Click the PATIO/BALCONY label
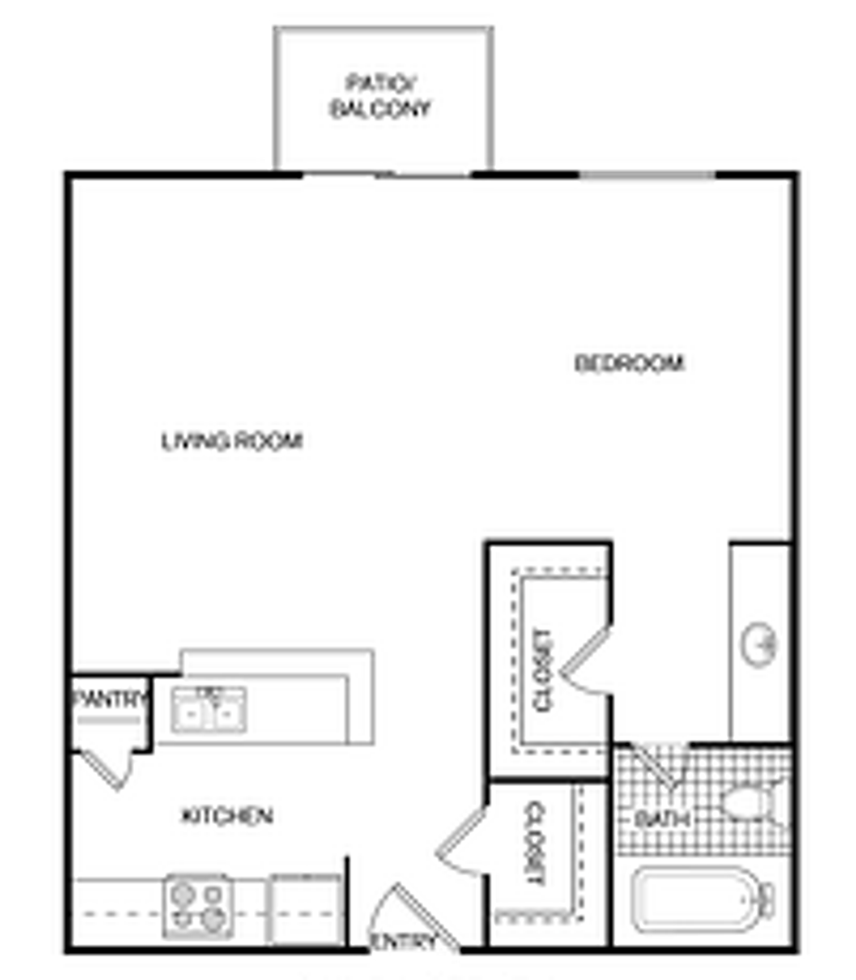coord(380,96)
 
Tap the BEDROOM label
coord(629,364)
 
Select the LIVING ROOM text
coord(232,442)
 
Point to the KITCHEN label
coord(228,815)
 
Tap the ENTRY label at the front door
coord(404,941)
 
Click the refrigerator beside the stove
coord(305,909)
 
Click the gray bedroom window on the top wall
coord(647,174)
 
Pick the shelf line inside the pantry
coord(109,720)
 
